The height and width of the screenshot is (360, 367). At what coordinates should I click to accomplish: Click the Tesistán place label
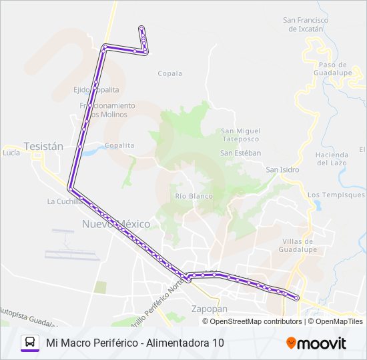pyautogui.click(x=43, y=146)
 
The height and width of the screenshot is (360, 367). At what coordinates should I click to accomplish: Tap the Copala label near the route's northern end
pyautogui.click(x=169, y=74)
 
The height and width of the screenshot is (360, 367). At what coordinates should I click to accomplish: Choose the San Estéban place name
pyautogui.click(x=240, y=153)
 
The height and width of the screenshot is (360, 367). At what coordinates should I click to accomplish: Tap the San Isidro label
pyautogui.click(x=282, y=169)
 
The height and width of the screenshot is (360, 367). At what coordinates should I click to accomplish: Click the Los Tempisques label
pyautogui.click(x=336, y=195)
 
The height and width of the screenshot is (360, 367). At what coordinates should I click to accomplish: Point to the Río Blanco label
pyautogui.click(x=194, y=196)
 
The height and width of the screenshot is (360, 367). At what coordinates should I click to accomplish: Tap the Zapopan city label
pyautogui.click(x=210, y=309)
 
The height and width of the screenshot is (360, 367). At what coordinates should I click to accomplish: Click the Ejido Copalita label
pyautogui.click(x=97, y=89)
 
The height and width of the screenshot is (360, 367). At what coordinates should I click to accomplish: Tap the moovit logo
pyautogui.click(x=316, y=343)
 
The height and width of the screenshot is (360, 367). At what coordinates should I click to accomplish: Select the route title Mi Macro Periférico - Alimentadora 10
pyautogui.click(x=135, y=343)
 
